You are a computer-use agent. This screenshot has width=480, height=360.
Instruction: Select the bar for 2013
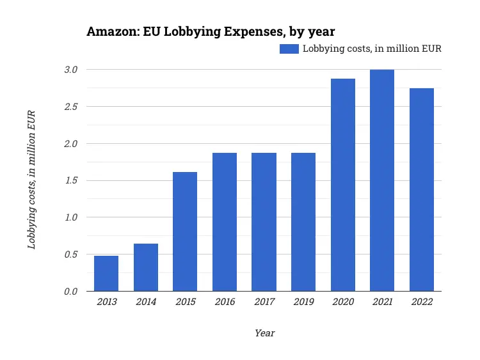pyautogui.click(x=106, y=274)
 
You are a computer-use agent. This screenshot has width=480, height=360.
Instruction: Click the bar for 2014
pyautogui.click(x=146, y=267)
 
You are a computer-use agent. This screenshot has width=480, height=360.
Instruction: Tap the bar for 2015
pyautogui.click(x=185, y=231)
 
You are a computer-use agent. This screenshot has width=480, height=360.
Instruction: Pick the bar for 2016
pyautogui.click(x=225, y=222)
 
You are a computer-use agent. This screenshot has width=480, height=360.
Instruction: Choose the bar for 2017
pyautogui.click(x=264, y=222)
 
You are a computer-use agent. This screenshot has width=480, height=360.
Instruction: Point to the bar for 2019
pyautogui.click(x=303, y=222)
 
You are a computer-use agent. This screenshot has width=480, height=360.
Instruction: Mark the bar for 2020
pyautogui.click(x=343, y=185)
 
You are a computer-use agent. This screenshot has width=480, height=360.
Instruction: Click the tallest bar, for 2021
pyautogui.click(x=382, y=180)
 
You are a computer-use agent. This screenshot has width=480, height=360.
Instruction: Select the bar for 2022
pyautogui.click(x=422, y=190)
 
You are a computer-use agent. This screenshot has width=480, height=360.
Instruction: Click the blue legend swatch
pyautogui.click(x=289, y=49)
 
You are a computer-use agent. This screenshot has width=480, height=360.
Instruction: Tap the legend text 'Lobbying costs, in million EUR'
pyautogui.click(x=372, y=49)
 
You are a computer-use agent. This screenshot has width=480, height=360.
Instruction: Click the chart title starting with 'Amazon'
pyautogui.click(x=211, y=31)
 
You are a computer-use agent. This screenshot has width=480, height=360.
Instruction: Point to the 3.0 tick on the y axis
pyautogui.click(x=70, y=69)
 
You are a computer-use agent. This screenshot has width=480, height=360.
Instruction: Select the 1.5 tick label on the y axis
pyautogui.click(x=70, y=180)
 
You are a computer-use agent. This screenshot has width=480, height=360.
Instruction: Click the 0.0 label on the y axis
pyautogui.click(x=70, y=292)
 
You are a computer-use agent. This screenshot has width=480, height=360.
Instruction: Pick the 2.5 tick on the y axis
pyautogui.click(x=70, y=106)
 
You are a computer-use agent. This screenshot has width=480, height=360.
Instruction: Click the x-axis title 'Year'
pyautogui.click(x=264, y=333)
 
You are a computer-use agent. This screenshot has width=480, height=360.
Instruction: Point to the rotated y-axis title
pyautogui.click(x=31, y=180)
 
